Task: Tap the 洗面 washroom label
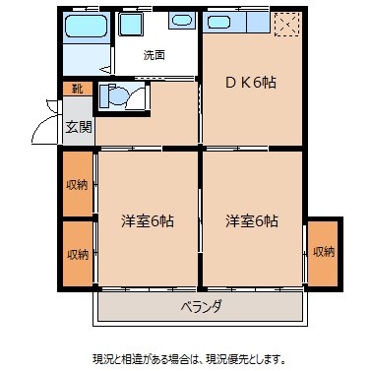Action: (154, 55)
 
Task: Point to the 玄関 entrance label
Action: (78, 126)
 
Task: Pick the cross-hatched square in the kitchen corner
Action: (286, 24)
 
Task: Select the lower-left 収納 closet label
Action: (77, 254)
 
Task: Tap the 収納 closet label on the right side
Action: (322, 252)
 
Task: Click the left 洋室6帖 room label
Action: (148, 221)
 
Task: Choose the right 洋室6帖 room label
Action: (252, 221)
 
